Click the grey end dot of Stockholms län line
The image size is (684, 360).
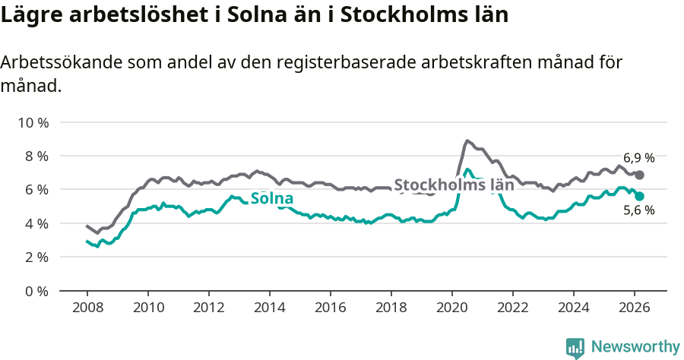tap(640, 175)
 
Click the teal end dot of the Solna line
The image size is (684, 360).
tap(640, 196)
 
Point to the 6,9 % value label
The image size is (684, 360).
tap(638, 158)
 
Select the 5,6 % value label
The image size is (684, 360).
tap(638, 210)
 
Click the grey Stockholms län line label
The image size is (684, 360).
tap(454, 185)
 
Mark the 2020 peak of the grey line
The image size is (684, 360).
tap(467, 141)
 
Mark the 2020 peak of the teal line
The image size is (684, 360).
tap(467, 169)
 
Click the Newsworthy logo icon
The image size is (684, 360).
tap(575, 347)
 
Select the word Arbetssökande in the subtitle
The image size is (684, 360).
tap(68, 63)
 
